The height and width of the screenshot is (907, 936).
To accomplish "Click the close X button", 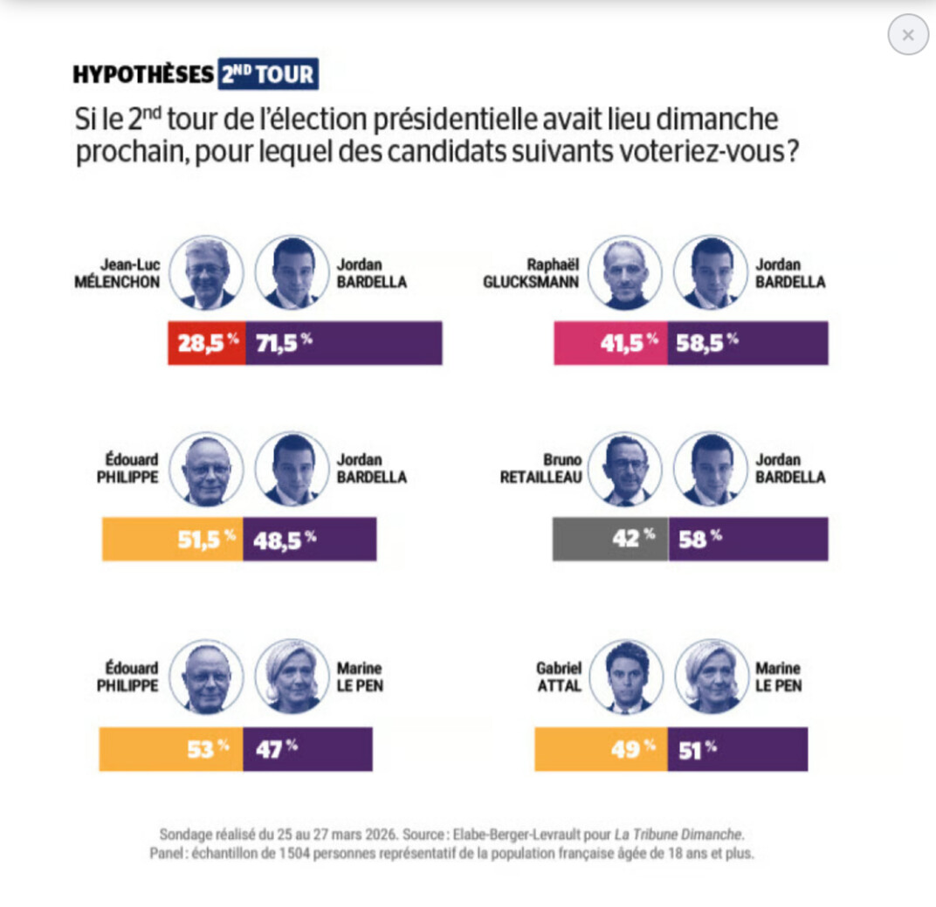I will pos(908,35).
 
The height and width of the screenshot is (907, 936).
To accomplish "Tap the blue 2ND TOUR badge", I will pos(267,74).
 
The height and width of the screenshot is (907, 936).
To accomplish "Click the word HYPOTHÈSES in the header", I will pos(143,75).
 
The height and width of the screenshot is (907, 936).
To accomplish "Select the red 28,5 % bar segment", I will pos(207,343).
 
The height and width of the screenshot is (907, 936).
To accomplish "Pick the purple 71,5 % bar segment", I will pos(344,343).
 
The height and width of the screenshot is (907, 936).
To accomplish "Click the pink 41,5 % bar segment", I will pos(610,343).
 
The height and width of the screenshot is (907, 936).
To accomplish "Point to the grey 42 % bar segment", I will pos(610,539).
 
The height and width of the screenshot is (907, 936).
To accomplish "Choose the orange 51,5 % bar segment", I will pos(172,539).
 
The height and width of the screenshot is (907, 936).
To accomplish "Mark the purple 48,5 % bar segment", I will pos(310,539).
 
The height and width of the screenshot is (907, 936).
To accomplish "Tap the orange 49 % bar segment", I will pos(601,749).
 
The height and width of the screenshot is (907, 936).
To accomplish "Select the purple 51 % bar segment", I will pos(738,749).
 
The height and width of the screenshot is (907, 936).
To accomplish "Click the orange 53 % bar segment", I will pos(170,749).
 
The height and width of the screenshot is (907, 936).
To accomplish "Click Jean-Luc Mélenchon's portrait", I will pos(206,272).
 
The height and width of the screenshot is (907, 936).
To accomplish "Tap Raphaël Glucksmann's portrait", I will pos(624,272).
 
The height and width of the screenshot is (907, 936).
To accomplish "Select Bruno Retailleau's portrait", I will pos(624,469).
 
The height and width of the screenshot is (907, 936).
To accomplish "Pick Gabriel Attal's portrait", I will pos(626,677).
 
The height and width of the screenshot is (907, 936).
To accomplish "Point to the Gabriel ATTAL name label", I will pos(559,677).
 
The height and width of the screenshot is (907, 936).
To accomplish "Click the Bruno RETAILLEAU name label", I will pos(541,469).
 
